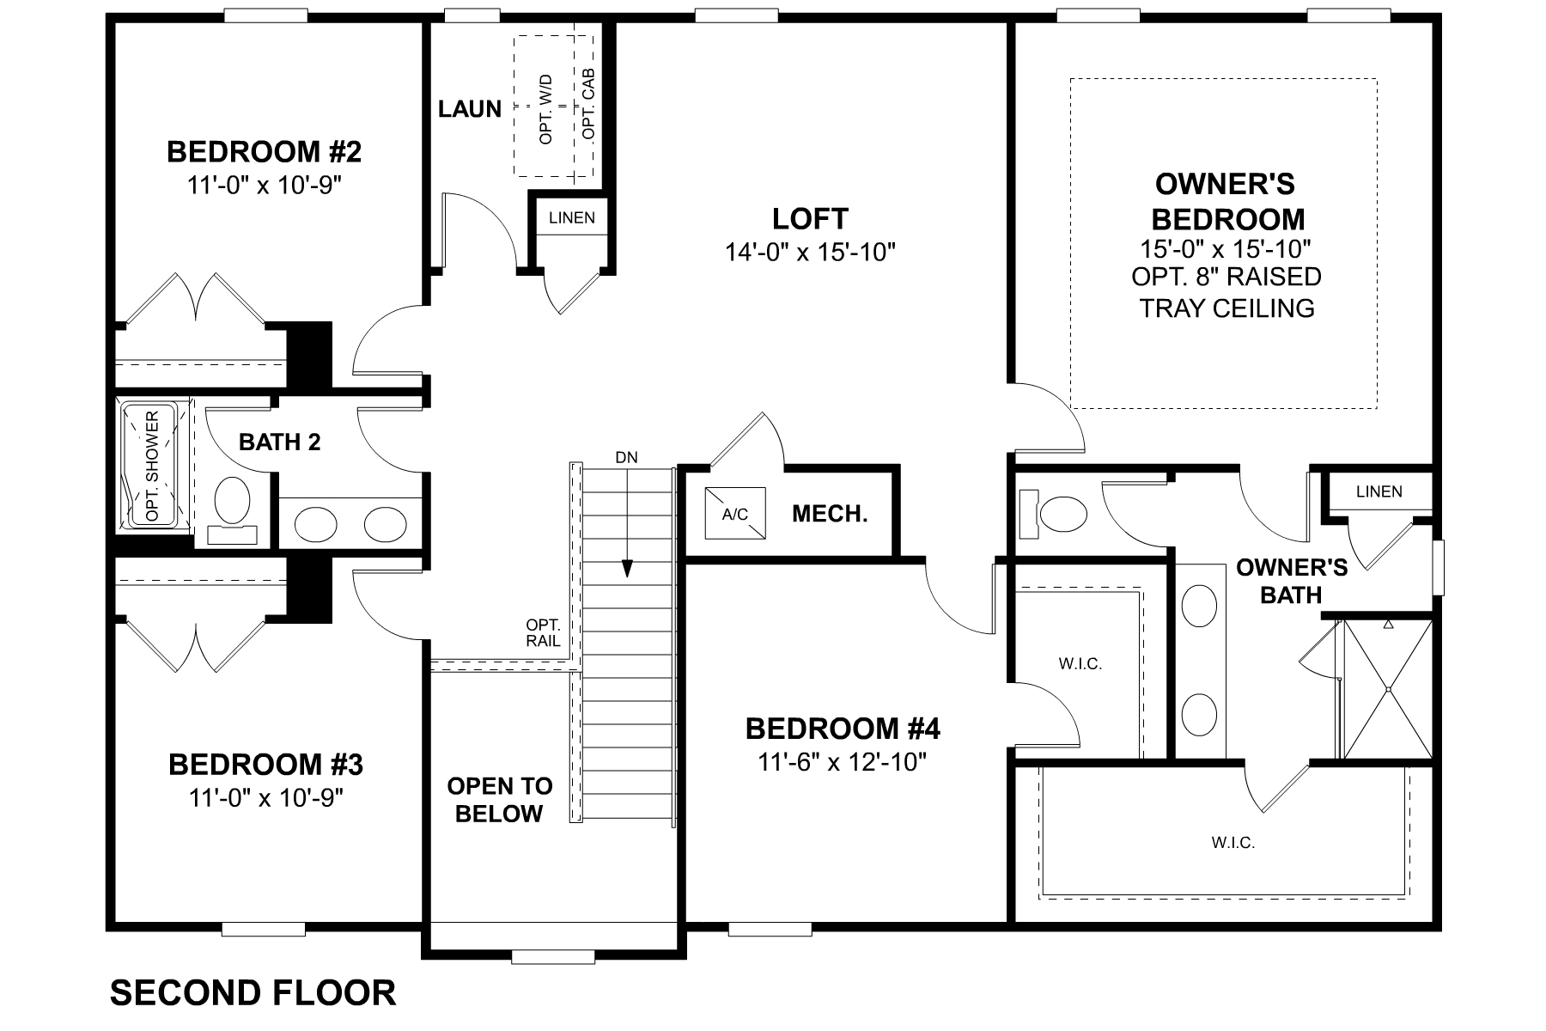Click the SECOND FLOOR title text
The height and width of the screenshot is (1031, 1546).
pos(253,992)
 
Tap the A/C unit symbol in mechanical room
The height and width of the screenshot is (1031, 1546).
pos(734,514)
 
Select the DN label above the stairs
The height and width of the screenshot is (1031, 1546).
pos(627,457)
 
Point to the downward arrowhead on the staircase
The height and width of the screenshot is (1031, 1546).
pos(627,569)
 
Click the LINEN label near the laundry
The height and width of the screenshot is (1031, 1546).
pos(572,217)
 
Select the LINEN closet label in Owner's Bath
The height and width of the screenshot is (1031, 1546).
pos(1379,491)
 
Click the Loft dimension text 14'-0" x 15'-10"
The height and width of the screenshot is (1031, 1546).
pos(810,252)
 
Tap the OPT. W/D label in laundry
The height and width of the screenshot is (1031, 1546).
pos(546,108)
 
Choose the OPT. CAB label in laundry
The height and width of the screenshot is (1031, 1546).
pos(588,105)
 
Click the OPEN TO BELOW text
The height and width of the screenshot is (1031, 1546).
pos(499,800)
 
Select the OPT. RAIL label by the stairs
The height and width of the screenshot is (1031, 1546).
pos(543,632)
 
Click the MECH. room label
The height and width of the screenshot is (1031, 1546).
pos(830,514)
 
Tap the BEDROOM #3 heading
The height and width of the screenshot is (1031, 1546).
pos(265,763)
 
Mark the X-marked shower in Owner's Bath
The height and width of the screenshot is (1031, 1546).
pos(1388,689)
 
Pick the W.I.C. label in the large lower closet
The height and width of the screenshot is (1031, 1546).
pos(1233,843)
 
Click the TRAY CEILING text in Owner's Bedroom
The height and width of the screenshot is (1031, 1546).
pos(1226,308)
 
